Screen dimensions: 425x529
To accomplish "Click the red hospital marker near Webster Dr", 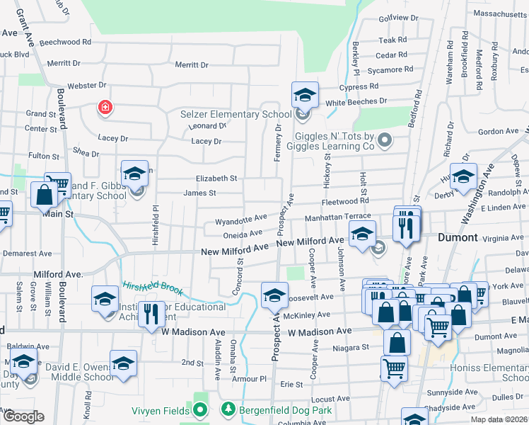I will click(105, 108).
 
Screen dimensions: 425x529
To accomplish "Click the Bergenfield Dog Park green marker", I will click(228, 409).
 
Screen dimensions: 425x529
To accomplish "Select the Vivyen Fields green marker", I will click(200, 409).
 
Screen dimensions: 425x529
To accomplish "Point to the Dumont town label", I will click(458, 237).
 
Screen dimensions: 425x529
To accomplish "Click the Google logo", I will click(23, 416).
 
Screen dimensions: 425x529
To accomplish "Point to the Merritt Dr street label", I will click(192, 64).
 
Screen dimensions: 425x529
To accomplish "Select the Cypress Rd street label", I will click(359, 87).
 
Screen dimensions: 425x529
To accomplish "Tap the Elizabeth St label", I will click(216, 178).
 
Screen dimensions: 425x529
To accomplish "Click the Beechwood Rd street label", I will click(66, 42).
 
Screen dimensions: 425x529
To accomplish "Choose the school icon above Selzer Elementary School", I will click(305, 94).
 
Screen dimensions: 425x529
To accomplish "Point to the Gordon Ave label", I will click(499, 132).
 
